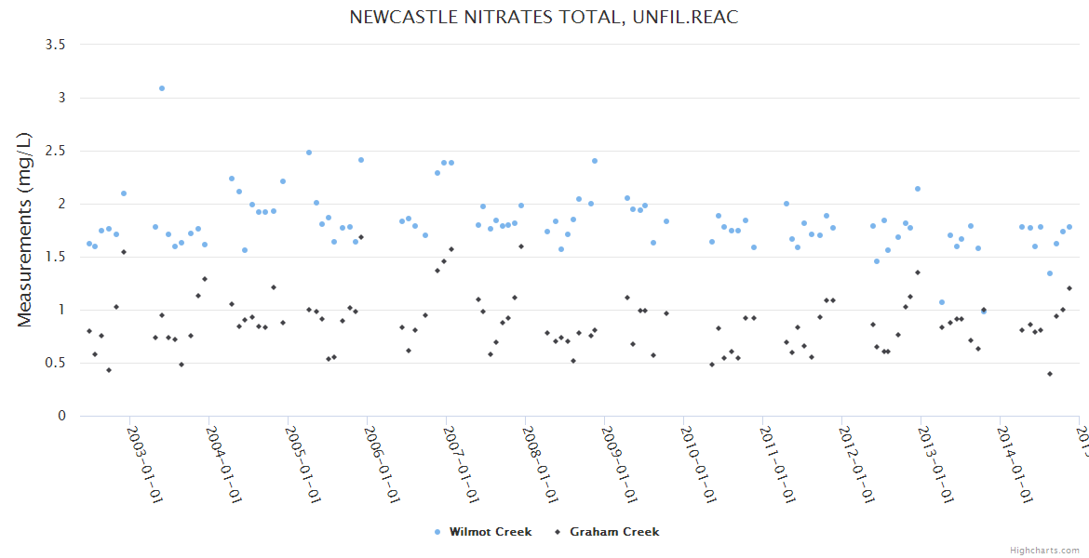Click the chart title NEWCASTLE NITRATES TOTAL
[544, 17]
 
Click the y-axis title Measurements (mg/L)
[25, 230]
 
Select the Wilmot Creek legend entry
[491, 532]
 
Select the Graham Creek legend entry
[614, 532]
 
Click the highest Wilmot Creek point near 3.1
[162, 88]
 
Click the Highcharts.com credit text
[1045, 550]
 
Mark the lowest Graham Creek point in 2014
[1050, 374]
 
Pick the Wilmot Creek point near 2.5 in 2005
[309, 153]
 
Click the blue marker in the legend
[437, 532]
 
